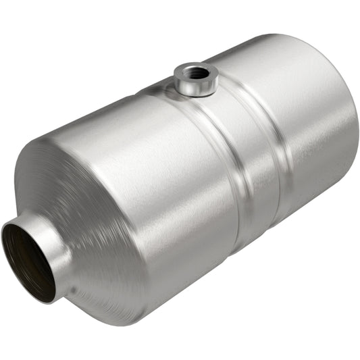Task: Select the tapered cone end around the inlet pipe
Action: click(x=81, y=203)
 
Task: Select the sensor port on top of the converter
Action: click(x=195, y=77)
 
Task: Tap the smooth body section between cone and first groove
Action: click(x=169, y=176)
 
